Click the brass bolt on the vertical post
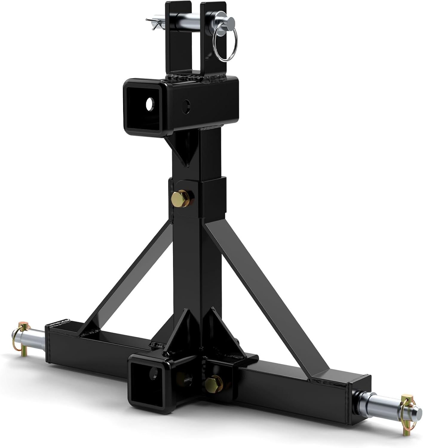coord(179,197)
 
